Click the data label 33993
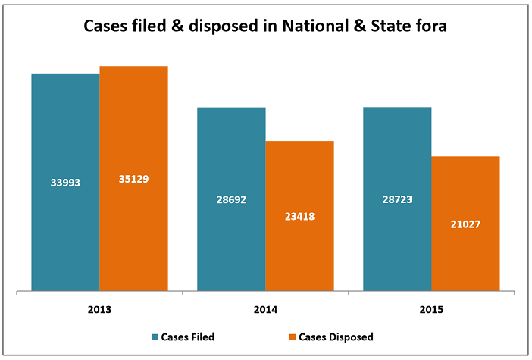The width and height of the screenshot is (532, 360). [x=65, y=183]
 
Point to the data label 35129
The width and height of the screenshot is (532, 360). [x=133, y=180]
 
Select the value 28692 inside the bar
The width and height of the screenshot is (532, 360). [x=231, y=199]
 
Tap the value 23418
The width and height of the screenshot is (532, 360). [x=299, y=216]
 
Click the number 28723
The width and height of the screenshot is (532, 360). [x=397, y=199]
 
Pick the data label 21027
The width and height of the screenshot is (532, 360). [x=465, y=224]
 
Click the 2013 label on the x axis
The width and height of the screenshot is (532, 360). [x=99, y=310]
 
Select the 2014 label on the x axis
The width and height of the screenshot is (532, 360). [x=265, y=310]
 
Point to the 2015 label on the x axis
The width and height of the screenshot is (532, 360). [x=431, y=310]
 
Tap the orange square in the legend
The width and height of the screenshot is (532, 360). [x=292, y=337]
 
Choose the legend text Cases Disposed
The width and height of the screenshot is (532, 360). [x=336, y=337]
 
